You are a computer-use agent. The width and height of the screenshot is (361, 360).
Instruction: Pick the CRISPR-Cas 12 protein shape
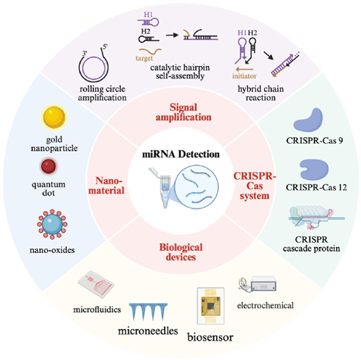coord(312,169)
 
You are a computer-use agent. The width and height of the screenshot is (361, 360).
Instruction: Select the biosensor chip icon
coord(211,308)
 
